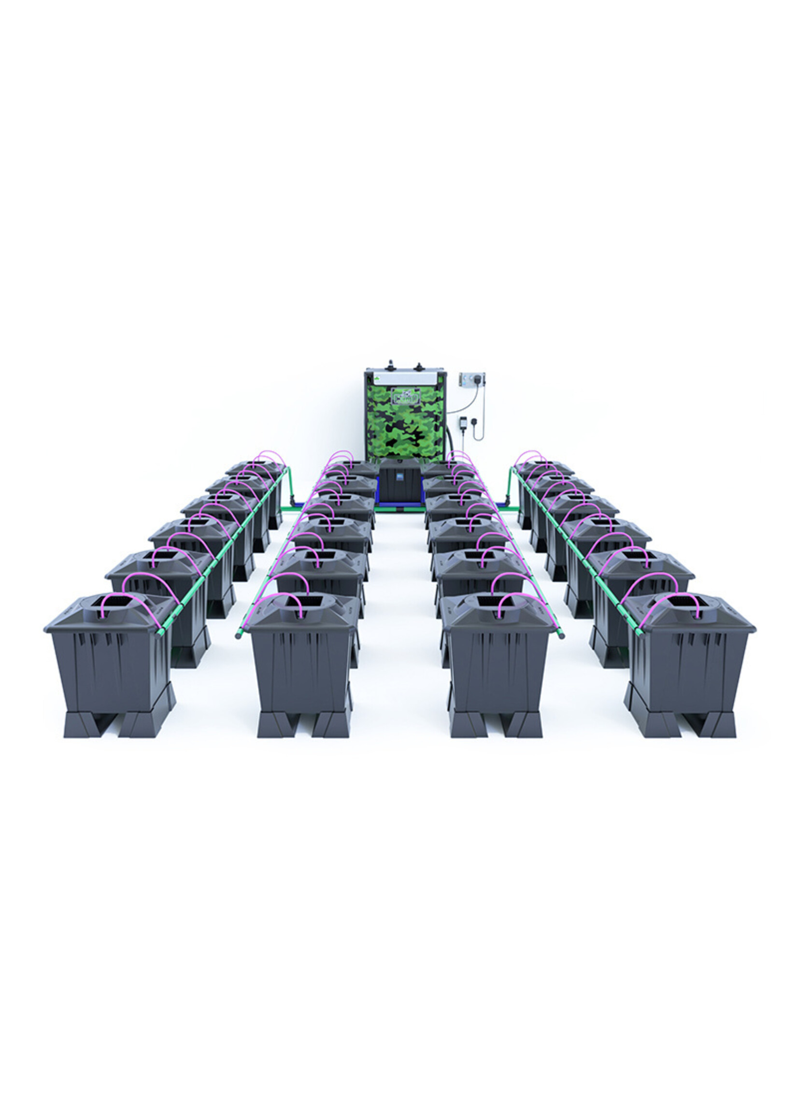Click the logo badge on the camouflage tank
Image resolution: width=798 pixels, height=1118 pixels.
(406, 396)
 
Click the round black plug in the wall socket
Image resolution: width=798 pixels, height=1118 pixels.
(474, 421)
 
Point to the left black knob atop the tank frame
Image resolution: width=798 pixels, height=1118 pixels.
(391, 364)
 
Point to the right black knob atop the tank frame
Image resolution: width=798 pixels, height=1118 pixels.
(419, 367)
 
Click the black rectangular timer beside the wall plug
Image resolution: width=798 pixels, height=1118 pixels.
(463, 423)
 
